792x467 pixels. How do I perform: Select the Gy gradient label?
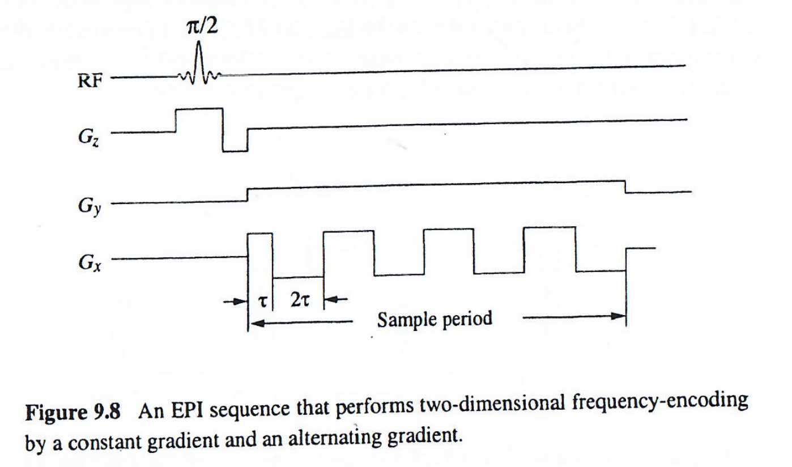pos(87,205)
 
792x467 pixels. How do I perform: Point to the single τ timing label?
pos(262,301)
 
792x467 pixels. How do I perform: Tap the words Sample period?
pos(435,320)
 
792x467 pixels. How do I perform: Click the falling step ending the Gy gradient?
pos(625,188)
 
